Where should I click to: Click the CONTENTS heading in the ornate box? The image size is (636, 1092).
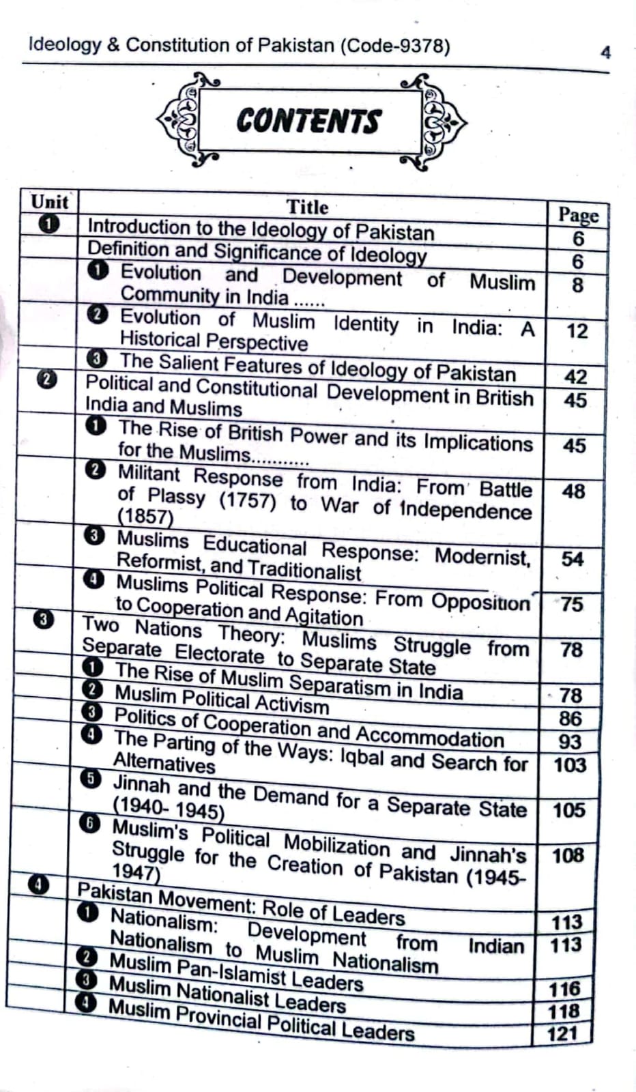tap(308, 121)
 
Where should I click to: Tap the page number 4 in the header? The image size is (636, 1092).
tap(605, 53)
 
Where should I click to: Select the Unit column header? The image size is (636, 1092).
tap(49, 202)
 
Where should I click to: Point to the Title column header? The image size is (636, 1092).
tap(307, 207)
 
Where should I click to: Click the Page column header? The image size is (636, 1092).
tap(578, 215)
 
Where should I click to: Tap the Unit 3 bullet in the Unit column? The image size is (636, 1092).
tap(43, 620)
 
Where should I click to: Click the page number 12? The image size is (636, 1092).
tap(577, 332)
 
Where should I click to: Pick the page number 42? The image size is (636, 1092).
tap(576, 377)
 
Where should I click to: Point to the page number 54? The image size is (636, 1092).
tap(573, 560)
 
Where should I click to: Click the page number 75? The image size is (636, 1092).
tap(572, 605)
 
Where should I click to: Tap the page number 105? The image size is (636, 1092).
tap(568, 811)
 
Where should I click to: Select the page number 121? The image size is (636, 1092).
tap(562, 1034)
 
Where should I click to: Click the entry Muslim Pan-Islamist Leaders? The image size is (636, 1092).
tap(236, 973)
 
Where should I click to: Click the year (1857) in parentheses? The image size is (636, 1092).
tap(145, 516)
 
